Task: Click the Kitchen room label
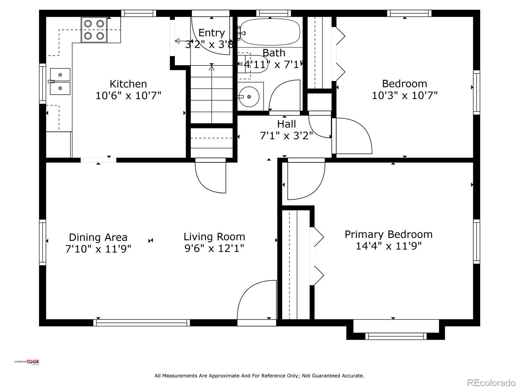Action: point(128,84)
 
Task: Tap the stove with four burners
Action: point(94,30)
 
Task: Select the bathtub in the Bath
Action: point(270,32)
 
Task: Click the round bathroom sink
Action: point(249,97)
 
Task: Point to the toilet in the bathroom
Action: point(253,64)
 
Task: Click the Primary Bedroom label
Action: point(389,234)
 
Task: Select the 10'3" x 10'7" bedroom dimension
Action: point(404,96)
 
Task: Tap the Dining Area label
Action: point(98,237)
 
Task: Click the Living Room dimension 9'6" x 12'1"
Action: point(214,248)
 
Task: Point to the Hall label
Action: point(286,124)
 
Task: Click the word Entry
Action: point(211,33)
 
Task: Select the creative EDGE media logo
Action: point(27,362)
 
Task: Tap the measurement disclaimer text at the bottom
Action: point(259,375)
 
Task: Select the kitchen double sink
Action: point(60,81)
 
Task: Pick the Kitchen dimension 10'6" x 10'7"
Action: point(128,96)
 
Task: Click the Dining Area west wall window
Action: point(42,242)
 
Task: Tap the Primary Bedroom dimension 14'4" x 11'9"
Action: point(389,246)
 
